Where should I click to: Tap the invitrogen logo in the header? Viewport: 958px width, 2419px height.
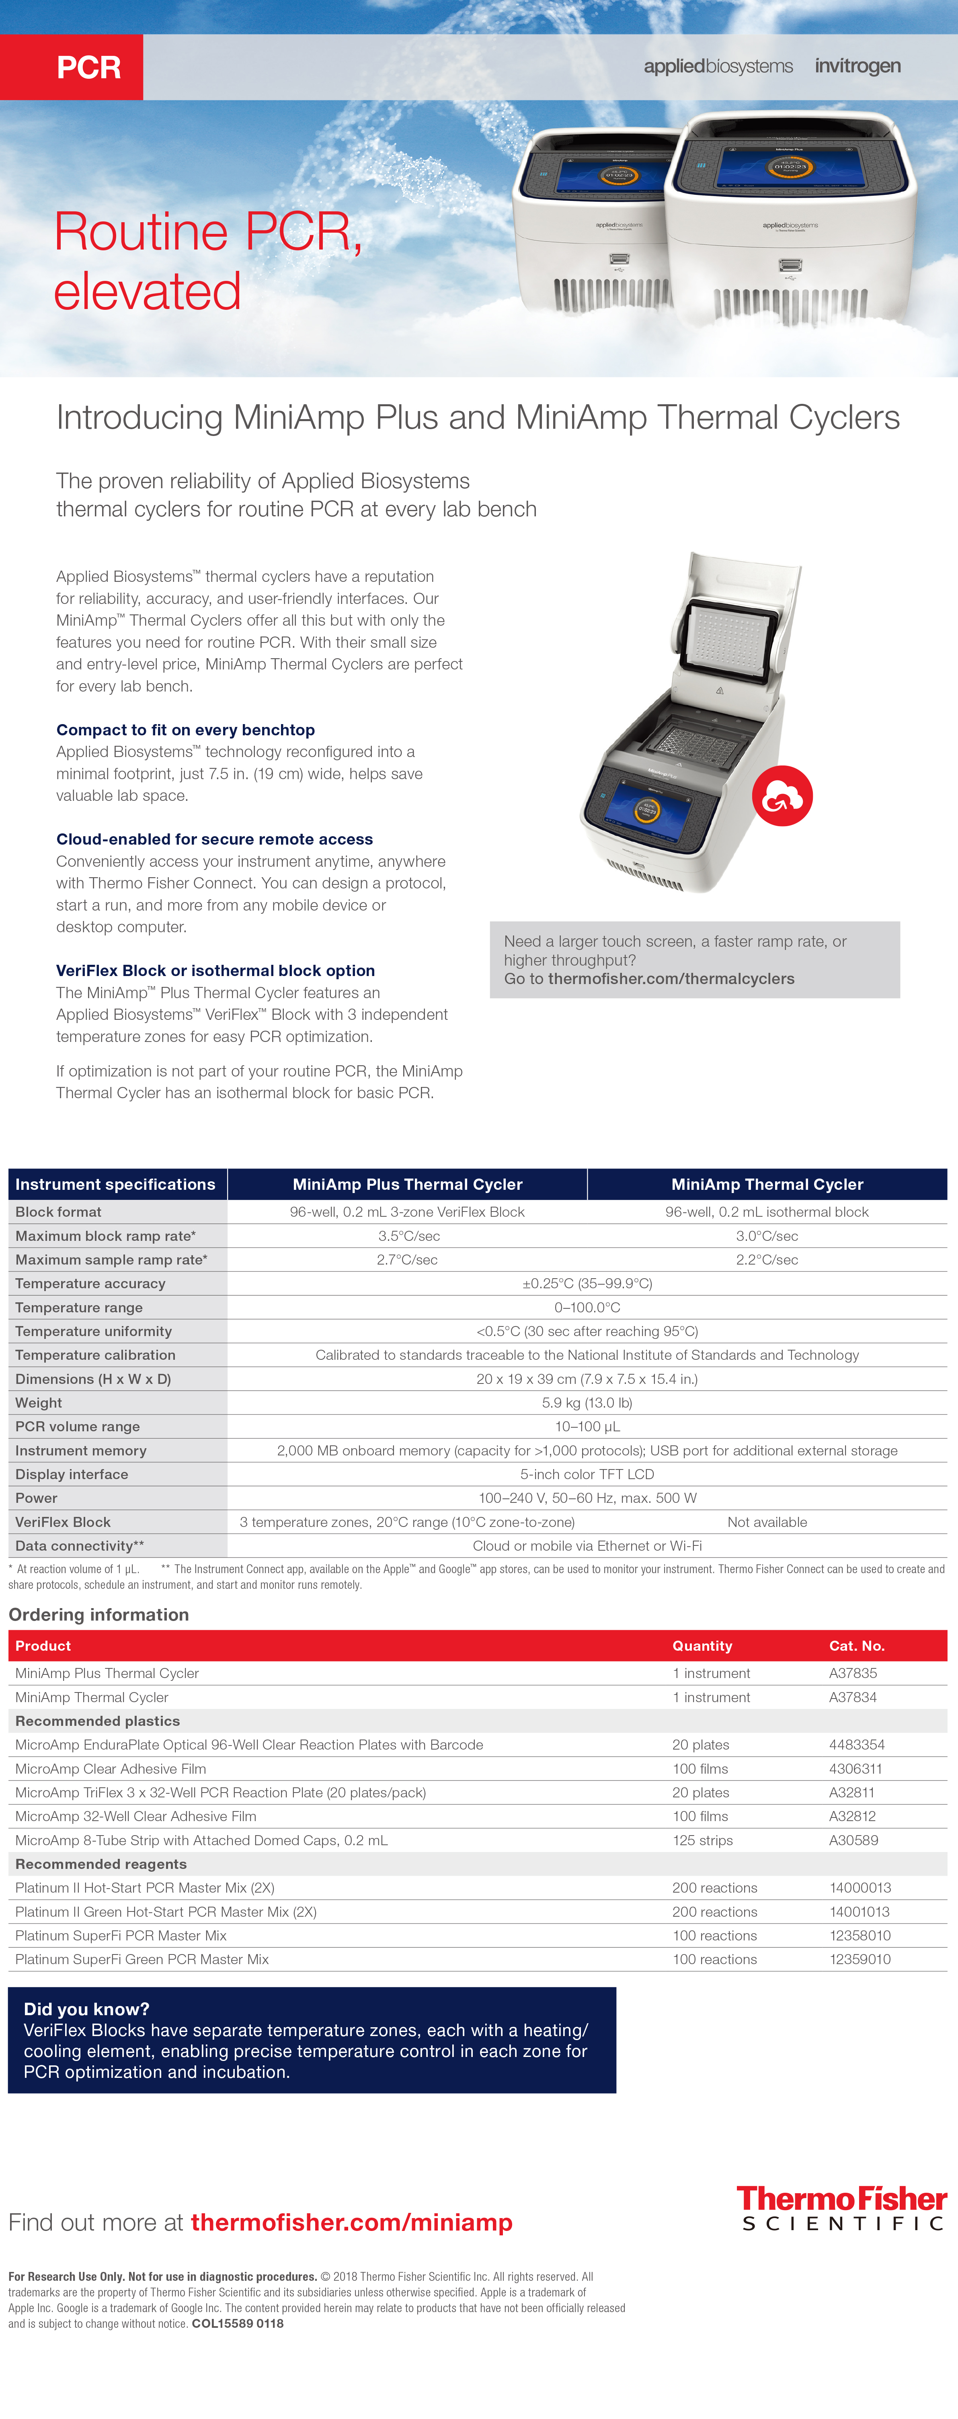[x=857, y=66]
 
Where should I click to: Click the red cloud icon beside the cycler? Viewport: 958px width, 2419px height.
[x=782, y=796]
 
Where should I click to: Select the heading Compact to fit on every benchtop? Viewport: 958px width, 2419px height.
[x=185, y=730]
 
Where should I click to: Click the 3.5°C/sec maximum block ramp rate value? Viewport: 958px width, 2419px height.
[x=408, y=1236]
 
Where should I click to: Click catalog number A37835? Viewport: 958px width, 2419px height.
[x=853, y=1672]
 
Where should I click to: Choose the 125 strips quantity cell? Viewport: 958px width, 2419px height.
[x=703, y=1840]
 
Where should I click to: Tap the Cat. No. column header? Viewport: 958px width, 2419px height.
[x=857, y=1645]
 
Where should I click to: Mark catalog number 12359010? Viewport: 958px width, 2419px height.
[x=860, y=1959]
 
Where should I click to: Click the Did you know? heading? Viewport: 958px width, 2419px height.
[x=86, y=2009]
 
